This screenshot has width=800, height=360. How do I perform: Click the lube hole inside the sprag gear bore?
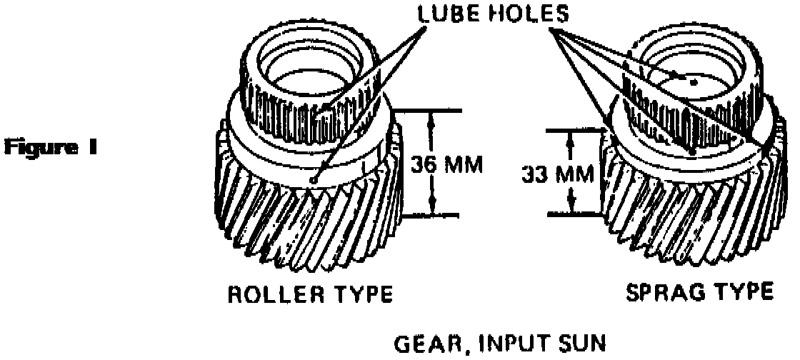click(x=693, y=82)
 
